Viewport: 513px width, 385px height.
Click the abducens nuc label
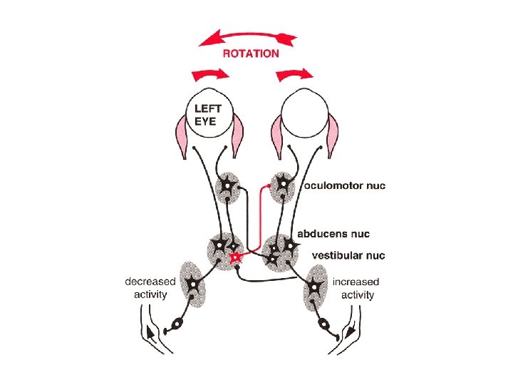pyautogui.click(x=333, y=234)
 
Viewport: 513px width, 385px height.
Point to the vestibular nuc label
pyautogui.click(x=348, y=255)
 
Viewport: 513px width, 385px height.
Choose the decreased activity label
pyautogui.click(x=150, y=288)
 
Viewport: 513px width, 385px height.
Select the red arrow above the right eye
pyautogui.click(x=294, y=73)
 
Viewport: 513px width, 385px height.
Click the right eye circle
pyautogui.click(x=303, y=114)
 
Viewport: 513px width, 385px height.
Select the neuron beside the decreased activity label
pyautogui.click(x=192, y=286)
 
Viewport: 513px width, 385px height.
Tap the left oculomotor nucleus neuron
pyautogui.click(x=228, y=186)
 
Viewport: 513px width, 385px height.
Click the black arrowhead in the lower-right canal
pyautogui.click(x=348, y=332)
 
